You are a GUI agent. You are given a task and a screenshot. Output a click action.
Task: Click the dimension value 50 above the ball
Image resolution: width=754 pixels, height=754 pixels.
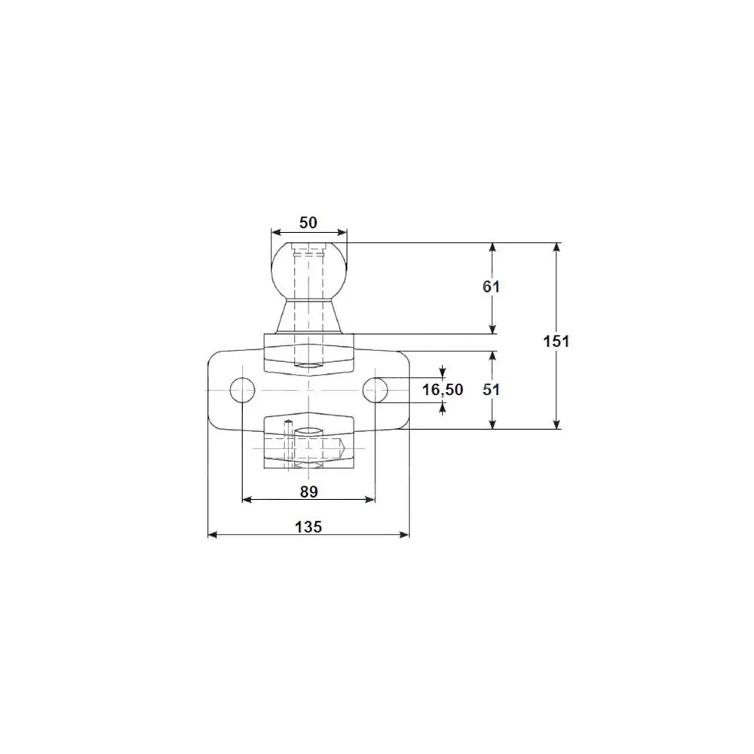tap(308, 222)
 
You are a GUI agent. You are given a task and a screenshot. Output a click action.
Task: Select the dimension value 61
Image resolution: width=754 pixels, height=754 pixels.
tap(491, 287)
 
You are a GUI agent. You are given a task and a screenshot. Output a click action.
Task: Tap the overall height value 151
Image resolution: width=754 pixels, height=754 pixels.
tap(556, 342)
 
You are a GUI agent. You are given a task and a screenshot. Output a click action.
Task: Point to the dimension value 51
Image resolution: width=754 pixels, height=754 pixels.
tap(491, 390)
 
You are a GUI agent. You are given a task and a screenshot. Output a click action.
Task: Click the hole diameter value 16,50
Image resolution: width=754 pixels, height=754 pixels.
tap(443, 390)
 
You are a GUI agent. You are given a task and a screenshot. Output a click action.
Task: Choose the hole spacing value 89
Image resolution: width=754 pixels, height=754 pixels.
tap(308, 492)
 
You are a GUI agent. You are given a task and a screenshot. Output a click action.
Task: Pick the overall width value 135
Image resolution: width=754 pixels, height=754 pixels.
tap(308, 527)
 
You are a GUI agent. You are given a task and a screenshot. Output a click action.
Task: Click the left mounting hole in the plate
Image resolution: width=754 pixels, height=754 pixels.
tap(242, 390)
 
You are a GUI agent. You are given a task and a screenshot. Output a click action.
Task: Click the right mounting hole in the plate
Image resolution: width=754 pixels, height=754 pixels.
tap(375, 390)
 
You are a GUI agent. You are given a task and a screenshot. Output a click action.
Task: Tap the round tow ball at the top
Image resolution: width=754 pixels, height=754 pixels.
tap(308, 269)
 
